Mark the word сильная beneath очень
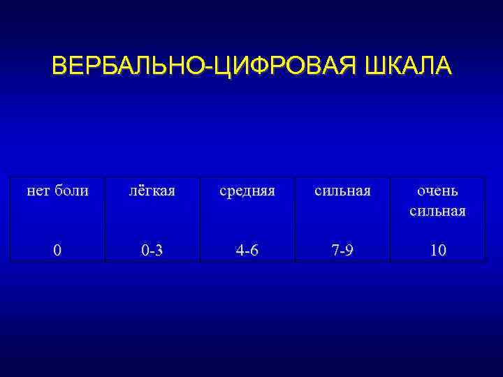pos(438,211)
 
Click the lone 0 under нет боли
pos(57,250)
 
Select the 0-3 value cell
pos(152,250)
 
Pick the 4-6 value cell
pos(247,250)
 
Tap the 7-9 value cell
pos(342,250)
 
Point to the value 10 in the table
pos(438,250)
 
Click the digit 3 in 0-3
pos(160,250)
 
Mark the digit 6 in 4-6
pos(255,250)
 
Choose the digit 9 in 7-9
pos(350,250)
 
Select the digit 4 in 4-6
pos(240,250)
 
